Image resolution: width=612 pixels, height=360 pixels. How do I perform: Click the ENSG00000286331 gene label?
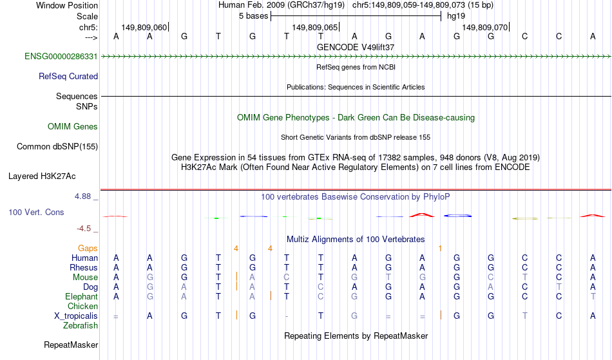pos(61,57)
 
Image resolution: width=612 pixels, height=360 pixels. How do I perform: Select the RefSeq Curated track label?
pos(68,77)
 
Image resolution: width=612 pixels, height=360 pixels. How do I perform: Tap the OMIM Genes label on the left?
pos(73,127)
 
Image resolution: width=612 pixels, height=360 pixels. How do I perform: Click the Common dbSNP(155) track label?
pos(57,147)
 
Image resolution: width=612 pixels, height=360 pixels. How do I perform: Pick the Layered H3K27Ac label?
pos(42,176)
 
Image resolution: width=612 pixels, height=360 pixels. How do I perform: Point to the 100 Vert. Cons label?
pos(36,212)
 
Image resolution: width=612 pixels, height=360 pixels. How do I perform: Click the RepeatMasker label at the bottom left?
pos(71,345)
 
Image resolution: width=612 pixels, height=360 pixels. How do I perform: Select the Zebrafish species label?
pos(81,326)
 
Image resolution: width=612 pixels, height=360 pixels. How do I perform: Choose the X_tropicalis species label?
pos(76,316)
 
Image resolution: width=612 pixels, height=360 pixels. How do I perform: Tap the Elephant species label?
pos(82,297)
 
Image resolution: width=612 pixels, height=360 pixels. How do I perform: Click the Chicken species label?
pos(82,306)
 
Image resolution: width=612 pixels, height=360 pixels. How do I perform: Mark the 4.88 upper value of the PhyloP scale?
pos(83,196)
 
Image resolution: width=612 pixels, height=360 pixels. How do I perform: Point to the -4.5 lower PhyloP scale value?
pos(84,229)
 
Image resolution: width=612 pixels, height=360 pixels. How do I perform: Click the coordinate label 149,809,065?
pos(315,27)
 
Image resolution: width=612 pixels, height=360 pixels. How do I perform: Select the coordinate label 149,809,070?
pos(485,27)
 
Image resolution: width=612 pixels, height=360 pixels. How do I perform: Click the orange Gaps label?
pos(88,249)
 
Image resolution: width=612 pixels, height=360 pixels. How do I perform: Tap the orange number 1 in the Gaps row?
pos(440,249)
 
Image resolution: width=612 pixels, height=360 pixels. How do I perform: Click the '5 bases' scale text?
pos(254,16)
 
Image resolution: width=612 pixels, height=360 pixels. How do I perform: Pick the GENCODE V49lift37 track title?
pos(356,47)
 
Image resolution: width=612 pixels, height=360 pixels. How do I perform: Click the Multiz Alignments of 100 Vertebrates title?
pos(356,240)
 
